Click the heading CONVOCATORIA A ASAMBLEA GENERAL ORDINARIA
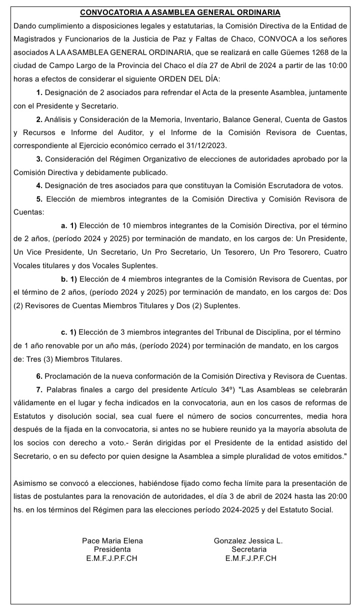tap(180, 13)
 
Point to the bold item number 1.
tap(40, 93)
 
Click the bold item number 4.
tap(39, 186)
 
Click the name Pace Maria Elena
tap(112, 540)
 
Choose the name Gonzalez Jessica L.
tap(248, 540)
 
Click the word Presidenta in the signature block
tap(112, 549)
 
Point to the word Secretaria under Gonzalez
tap(248, 549)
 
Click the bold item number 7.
tap(39, 389)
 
